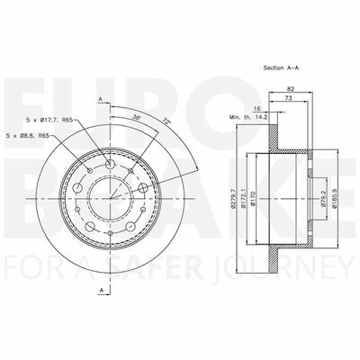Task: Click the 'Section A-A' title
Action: [x=281, y=67]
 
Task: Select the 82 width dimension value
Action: [x=290, y=88]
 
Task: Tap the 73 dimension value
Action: [x=288, y=97]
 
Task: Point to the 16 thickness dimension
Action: [x=256, y=109]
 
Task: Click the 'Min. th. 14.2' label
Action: [x=248, y=117]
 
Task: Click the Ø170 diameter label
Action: [x=253, y=198]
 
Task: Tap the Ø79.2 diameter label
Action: [x=323, y=198]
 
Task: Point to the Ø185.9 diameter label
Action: [x=334, y=198]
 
